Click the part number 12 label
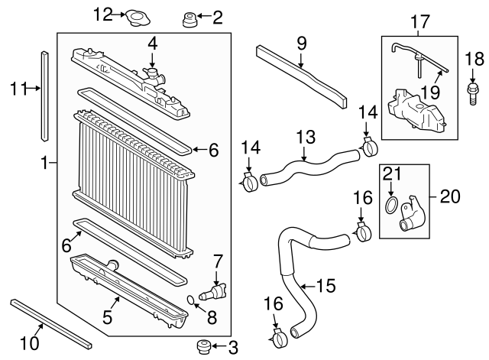tap(102, 14)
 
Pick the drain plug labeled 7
tap(213, 290)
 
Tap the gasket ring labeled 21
tap(390, 205)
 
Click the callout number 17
tap(420, 22)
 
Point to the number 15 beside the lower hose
tap(325, 286)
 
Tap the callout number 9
tap(301, 43)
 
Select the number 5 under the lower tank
tap(108, 314)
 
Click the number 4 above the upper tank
tap(153, 44)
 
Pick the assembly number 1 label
tap(46, 162)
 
